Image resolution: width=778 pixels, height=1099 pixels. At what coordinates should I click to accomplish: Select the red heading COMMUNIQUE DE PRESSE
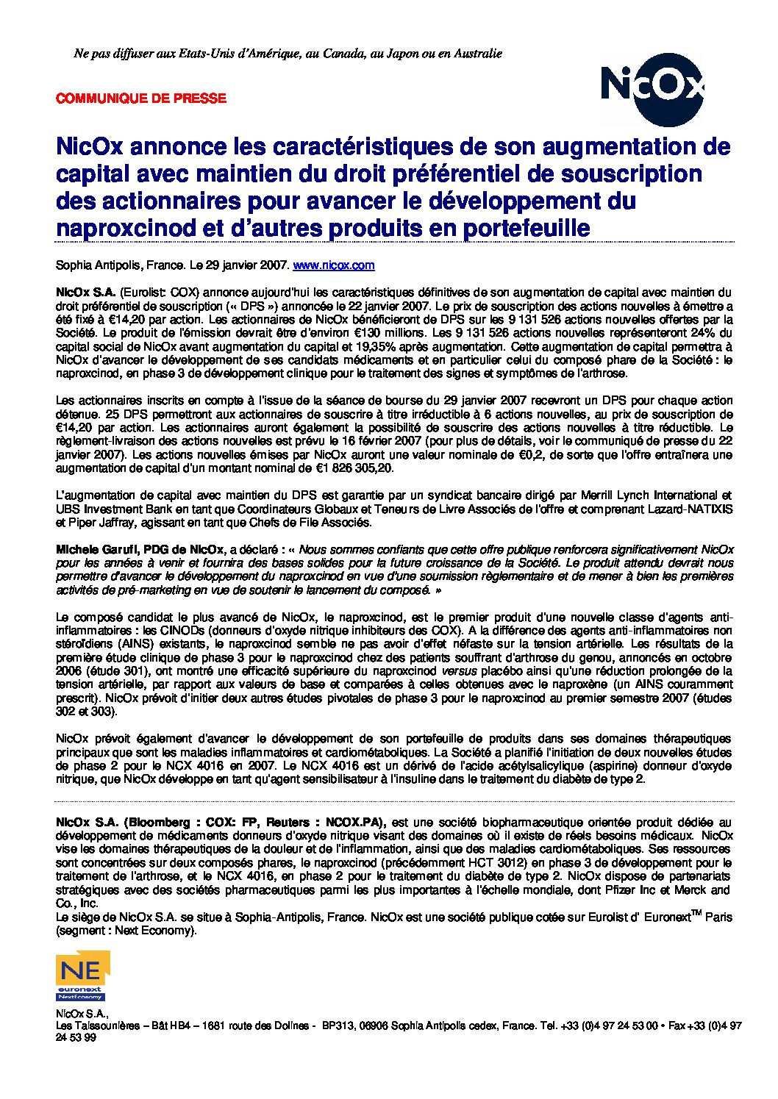141,98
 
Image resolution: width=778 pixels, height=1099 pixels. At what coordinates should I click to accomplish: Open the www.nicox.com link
334,265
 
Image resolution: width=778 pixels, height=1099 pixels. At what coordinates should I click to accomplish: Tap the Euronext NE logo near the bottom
82,975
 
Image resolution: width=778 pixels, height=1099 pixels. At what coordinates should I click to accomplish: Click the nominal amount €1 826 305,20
354,468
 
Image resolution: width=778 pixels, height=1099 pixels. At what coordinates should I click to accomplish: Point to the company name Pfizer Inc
654,890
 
